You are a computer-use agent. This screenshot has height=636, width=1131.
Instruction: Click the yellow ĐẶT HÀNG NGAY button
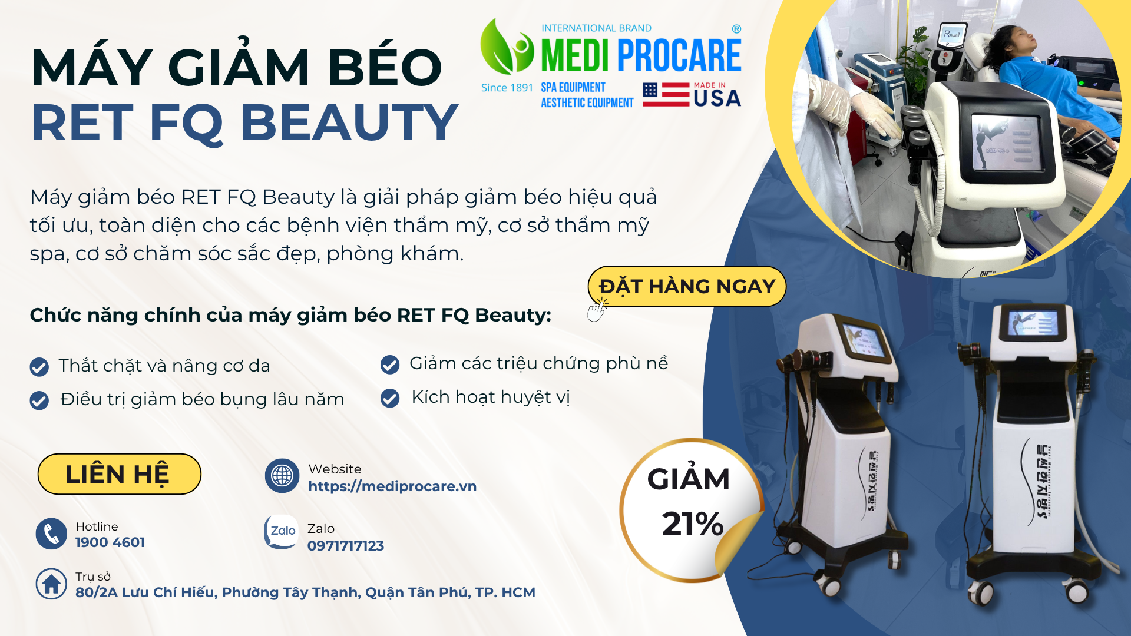click(686, 286)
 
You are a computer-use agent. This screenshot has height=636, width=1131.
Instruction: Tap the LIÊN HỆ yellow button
click(120, 474)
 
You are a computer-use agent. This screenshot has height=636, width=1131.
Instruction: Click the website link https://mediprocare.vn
click(392, 486)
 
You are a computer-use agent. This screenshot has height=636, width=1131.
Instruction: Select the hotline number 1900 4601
click(110, 542)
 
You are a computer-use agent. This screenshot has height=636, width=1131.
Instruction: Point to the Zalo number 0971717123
click(346, 546)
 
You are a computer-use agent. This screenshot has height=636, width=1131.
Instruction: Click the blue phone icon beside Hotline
click(51, 534)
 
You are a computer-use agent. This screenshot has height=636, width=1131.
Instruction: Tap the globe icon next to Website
click(282, 476)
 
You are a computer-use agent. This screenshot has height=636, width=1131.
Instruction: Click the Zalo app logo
click(282, 532)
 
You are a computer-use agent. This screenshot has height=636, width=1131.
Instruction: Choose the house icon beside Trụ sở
click(51, 584)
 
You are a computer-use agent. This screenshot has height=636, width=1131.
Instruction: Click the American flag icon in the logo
click(666, 94)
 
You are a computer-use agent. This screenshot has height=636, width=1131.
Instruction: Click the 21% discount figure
click(693, 524)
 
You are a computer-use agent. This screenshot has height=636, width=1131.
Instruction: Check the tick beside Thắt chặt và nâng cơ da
click(39, 367)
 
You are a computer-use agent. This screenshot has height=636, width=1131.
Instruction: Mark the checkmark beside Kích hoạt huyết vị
click(390, 398)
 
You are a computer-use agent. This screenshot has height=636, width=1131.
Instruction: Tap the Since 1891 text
click(507, 88)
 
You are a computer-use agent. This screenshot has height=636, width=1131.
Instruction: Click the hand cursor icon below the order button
click(597, 310)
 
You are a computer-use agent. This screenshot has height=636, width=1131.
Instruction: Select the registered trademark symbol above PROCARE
click(736, 29)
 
